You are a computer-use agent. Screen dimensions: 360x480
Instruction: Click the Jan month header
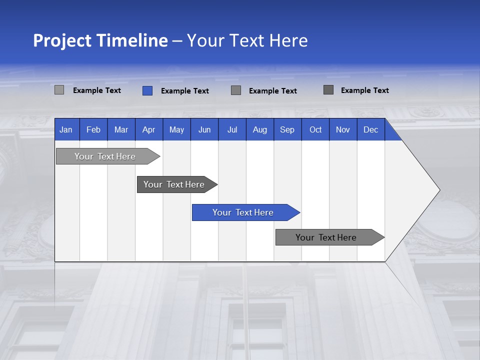tap(66, 129)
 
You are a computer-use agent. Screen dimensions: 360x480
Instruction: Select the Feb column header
tap(93, 129)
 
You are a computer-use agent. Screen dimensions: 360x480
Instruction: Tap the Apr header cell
tap(148, 129)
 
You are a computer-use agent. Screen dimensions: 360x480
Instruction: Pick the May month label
tap(176, 129)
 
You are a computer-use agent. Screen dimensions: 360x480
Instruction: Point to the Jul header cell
tap(232, 129)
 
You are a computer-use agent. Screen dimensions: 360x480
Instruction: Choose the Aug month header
tap(259, 129)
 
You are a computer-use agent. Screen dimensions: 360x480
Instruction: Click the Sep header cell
tap(287, 129)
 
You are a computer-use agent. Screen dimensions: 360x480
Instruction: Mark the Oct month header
tap(315, 129)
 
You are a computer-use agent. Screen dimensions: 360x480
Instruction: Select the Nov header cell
tap(343, 129)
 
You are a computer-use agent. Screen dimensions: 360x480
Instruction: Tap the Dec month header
tap(370, 129)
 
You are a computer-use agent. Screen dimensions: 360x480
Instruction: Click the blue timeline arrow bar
tap(245, 212)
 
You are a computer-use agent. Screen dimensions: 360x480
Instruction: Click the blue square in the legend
tap(147, 90)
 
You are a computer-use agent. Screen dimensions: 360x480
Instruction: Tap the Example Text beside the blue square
tap(184, 91)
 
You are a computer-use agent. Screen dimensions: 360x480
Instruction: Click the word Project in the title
tap(62, 40)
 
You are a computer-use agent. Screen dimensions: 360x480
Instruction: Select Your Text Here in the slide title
tap(247, 40)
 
